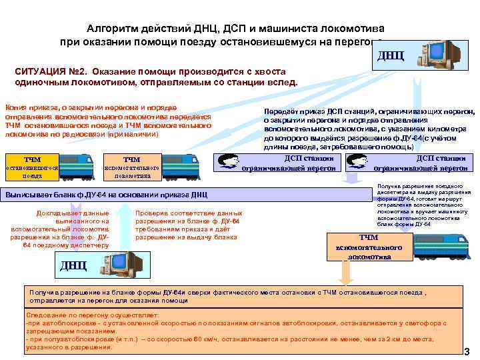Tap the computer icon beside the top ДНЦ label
click(437, 55)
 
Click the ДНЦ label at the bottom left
click(73, 265)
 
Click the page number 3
click(467, 351)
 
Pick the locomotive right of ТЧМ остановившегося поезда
click(77, 164)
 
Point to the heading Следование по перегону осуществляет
click(92, 313)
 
